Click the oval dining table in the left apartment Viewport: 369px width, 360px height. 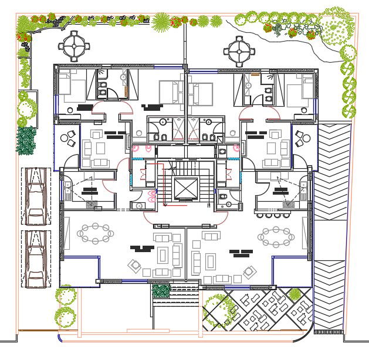coord(96,233)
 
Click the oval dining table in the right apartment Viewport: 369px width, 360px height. coord(276,236)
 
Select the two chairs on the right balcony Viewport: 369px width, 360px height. coord(304,139)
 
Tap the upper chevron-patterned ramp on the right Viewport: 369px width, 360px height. coord(332,171)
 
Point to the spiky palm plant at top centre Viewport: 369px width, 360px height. coord(161,22)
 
